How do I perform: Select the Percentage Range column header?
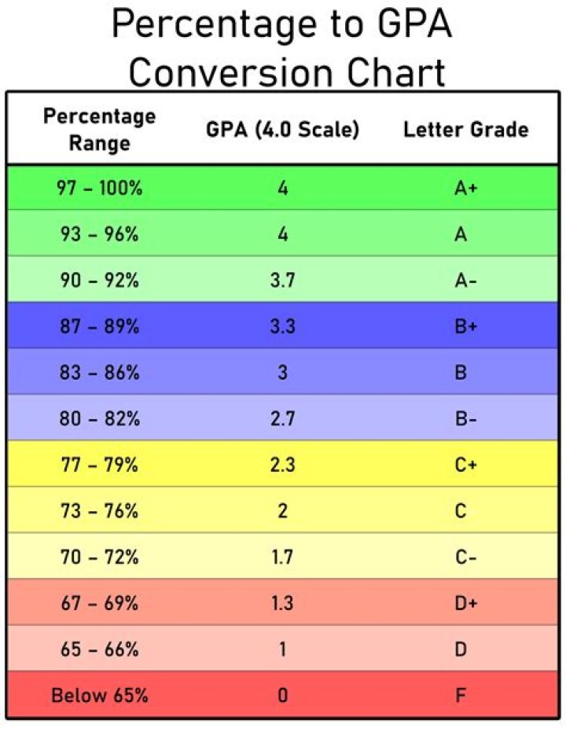[x=99, y=129]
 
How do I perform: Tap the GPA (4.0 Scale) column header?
[x=283, y=129]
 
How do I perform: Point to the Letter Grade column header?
[x=465, y=129]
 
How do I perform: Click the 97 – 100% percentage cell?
[x=99, y=188]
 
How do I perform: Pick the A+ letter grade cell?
[x=465, y=188]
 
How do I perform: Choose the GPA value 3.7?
[x=282, y=280]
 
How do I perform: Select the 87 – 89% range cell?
[x=99, y=326]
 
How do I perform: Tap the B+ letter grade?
[x=465, y=326]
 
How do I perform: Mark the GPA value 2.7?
[x=282, y=418]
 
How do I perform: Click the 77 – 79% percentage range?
[x=99, y=465]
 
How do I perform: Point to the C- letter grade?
[x=465, y=557]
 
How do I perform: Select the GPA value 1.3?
[x=282, y=603]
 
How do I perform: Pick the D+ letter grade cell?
[x=465, y=603]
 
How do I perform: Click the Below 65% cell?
[x=99, y=695]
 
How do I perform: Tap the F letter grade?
[x=461, y=695]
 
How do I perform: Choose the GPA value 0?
[x=283, y=695]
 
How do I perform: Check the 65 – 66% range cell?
[x=99, y=649]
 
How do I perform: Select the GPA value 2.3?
[x=282, y=465]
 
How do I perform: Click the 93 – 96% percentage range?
[x=99, y=234]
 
